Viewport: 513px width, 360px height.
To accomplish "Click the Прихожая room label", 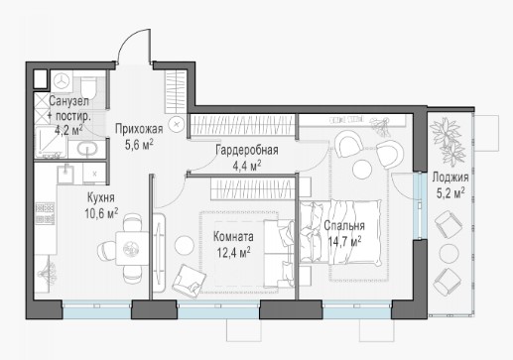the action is tap(139, 129).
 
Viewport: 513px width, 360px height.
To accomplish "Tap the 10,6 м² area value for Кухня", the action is tap(101, 213).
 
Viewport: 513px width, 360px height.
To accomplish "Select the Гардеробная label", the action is tap(247, 150).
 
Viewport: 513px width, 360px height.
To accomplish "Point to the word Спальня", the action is tap(344, 226).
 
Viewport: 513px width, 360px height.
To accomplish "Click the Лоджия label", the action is tap(450, 178).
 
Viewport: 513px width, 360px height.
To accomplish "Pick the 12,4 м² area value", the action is tap(233, 253).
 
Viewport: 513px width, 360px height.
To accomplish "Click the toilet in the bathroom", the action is tap(88, 87).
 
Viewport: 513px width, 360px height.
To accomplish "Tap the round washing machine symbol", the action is tap(62, 81).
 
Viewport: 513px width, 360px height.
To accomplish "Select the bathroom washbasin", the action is tap(87, 149).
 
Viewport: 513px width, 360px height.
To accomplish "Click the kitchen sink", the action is tap(65, 174).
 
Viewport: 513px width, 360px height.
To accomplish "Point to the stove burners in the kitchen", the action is tap(45, 213).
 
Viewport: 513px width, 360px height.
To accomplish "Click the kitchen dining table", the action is tap(132, 249).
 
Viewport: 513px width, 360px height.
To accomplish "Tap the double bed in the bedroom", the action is tap(340, 232).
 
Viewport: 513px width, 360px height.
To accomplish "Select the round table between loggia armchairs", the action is tap(449, 254).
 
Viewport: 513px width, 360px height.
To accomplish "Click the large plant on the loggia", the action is tap(448, 138).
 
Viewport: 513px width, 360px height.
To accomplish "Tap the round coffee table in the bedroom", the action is tap(362, 170).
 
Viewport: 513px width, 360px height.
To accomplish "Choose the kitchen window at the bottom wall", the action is tap(97, 309).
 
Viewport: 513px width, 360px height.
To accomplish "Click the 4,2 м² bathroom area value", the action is tap(68, 129).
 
